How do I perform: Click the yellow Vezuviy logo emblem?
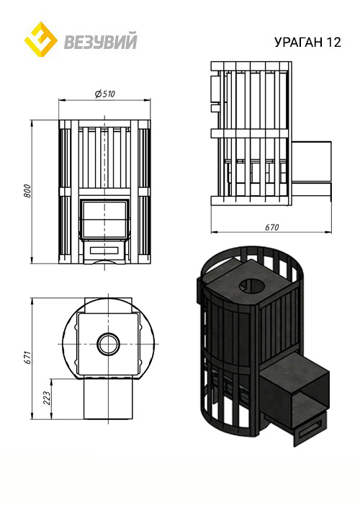coord(41,40)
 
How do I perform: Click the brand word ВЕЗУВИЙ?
coord(101,41)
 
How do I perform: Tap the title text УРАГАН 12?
coord(307,43)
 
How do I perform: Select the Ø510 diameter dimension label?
coord(105,94)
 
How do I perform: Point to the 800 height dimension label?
coord(27,191)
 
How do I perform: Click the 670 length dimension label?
coord(271,228)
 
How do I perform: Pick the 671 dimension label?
coord(27,357)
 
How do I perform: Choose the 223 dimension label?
coord(47,398)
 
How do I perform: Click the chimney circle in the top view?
coord(108,344)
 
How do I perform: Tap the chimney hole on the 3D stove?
coord(251,285)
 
